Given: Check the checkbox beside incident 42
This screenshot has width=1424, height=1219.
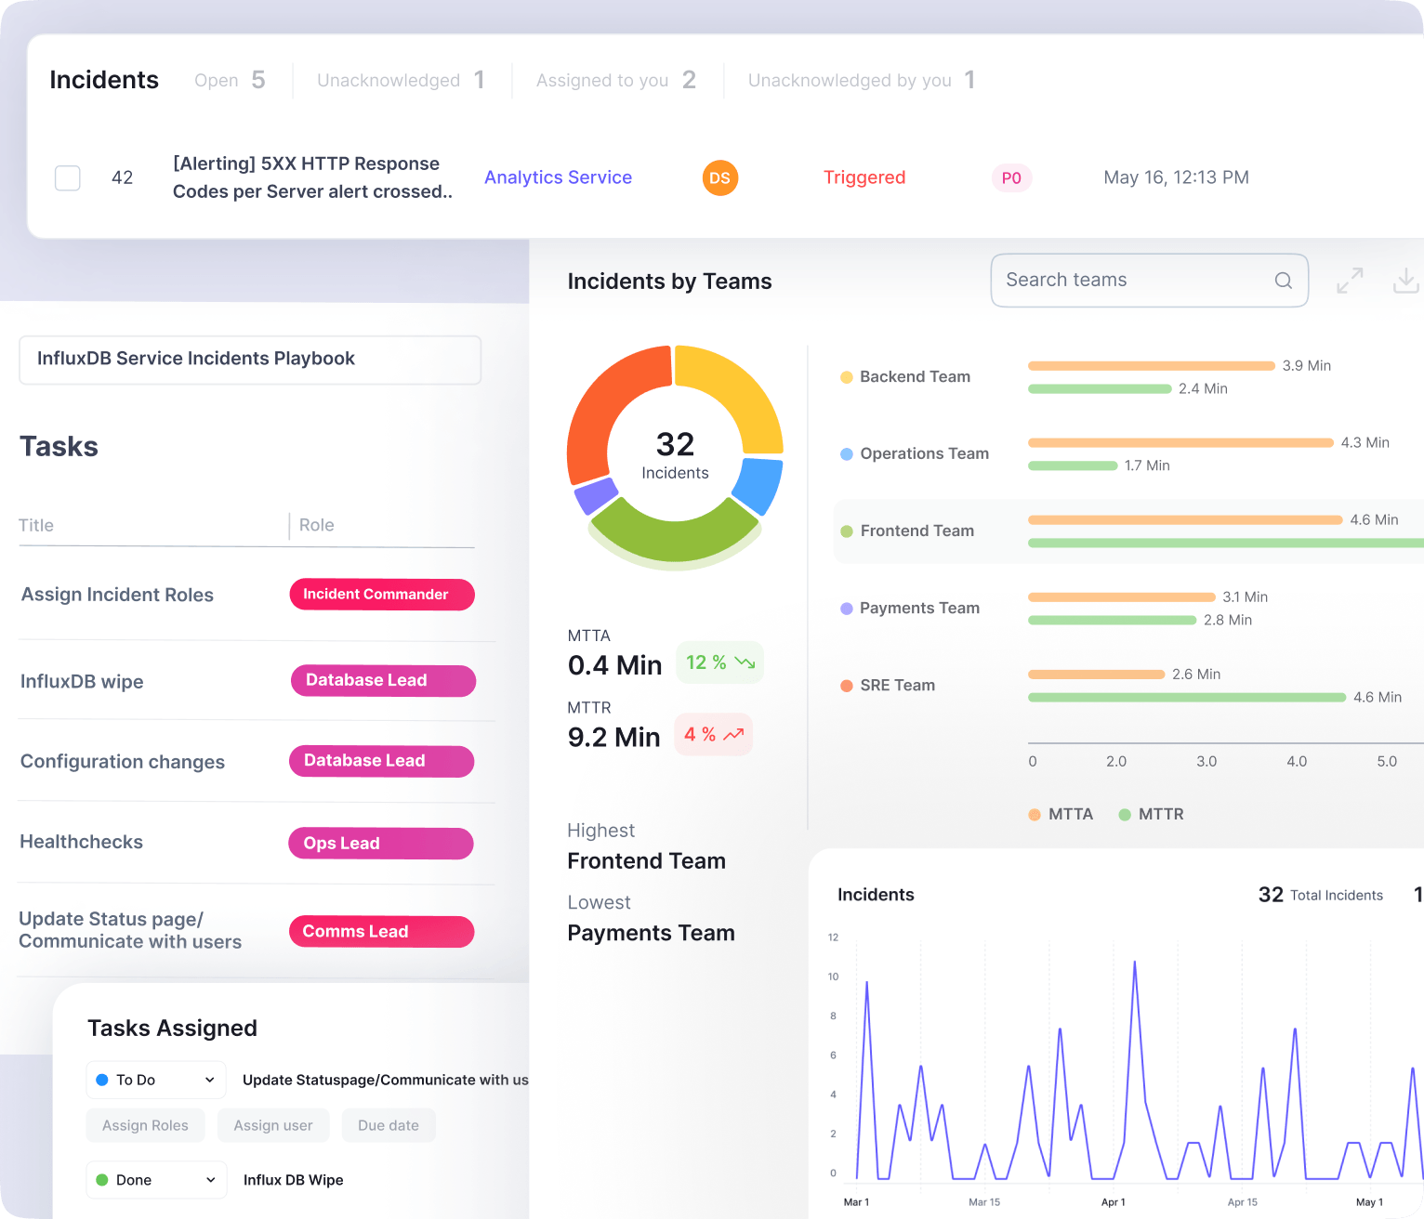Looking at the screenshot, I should point(68,177).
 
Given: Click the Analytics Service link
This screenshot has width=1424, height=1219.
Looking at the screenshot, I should point(558,177).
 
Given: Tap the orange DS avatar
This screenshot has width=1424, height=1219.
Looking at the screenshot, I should point(719,177).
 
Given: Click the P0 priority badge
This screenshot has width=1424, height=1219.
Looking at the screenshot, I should point(1011,178).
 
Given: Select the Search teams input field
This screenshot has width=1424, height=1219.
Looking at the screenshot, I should point(1134,280).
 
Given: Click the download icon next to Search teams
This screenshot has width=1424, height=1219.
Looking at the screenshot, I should point(1405,280).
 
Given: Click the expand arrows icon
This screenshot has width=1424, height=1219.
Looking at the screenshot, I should point(1350,280).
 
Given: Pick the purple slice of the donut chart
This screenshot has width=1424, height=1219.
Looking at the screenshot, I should point(596,495).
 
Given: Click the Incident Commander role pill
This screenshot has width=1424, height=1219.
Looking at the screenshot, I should point(382,595).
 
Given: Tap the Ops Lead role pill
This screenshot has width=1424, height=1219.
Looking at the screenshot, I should point(381,844).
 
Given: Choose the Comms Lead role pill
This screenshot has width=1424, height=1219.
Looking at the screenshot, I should point(381,932).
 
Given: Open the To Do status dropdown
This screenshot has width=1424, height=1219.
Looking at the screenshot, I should point(156,1080).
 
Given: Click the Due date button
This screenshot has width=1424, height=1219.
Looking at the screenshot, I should point(389,1125).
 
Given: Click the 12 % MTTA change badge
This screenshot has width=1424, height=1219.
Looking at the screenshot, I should point(719,662).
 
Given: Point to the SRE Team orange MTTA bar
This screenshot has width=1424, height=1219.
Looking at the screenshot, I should point(1096,674).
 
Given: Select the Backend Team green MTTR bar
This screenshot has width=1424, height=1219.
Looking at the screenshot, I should point(1099,388).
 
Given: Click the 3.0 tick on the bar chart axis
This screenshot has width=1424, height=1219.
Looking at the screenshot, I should point(1206,761).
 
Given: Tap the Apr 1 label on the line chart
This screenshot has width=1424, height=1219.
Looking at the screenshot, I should point(1113,1202).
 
